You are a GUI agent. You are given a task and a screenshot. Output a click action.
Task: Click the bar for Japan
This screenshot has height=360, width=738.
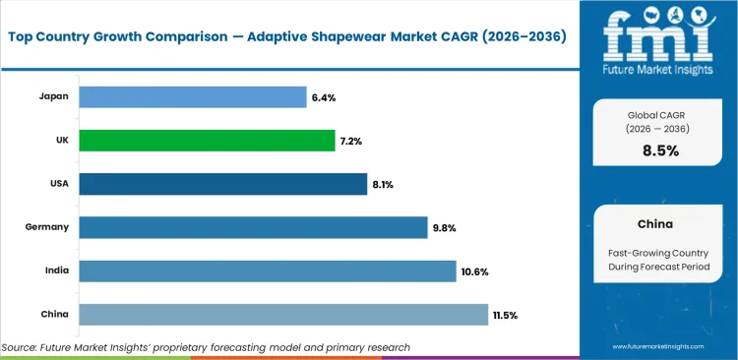pos(192,97)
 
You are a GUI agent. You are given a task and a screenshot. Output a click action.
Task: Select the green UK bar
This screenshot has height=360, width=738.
pos(207,141)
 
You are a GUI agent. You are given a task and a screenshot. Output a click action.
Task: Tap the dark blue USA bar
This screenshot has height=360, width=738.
pos(222,184)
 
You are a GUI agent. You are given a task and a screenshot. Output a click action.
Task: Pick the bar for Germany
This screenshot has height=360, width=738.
pos(253,228)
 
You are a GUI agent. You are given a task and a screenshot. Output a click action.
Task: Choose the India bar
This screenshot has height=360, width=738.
pos(267,271)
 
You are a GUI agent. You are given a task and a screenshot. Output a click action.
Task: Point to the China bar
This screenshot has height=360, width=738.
pos(283,315)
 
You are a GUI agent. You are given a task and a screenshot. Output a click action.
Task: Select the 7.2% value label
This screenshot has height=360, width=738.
pos(351,141)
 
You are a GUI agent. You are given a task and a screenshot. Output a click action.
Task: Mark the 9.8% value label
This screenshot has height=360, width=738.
pos(444,228)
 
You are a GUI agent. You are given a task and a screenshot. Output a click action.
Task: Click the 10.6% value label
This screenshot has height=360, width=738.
pos(475,271)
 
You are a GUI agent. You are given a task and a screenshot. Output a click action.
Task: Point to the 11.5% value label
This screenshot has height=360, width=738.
pos(506,315)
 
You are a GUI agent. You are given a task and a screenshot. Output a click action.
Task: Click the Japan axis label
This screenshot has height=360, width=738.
pos(52,97)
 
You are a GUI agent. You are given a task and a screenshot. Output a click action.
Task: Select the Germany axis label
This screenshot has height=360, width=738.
pos(46,228)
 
